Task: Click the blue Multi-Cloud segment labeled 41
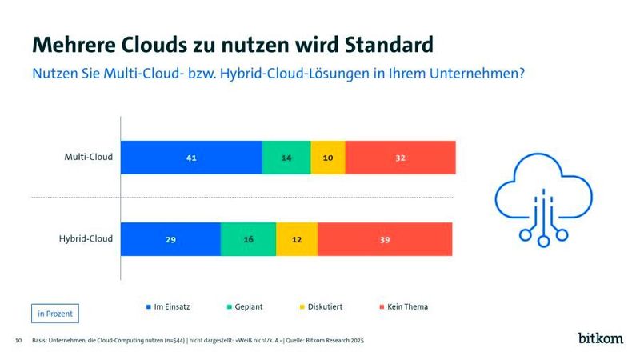(x=191, y=158)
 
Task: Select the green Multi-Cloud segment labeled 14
(x=286, y=158)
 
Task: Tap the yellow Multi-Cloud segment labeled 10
(x=327, y=158)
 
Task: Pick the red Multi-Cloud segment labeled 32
(x=400, y=158)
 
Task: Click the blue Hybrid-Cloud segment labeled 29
(x=170, y=239)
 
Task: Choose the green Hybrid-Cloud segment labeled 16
(x=248, y=239)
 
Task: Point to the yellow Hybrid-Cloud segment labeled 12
(x=296, y=239)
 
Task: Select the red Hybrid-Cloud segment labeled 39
(x=385, y=239)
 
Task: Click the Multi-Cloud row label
(x=88, y=157)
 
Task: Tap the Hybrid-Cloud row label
(x=85, y=238)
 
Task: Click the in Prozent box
(x=55, y=314)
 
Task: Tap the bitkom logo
(x=600, y=338)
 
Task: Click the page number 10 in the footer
(x=18, y=341)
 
